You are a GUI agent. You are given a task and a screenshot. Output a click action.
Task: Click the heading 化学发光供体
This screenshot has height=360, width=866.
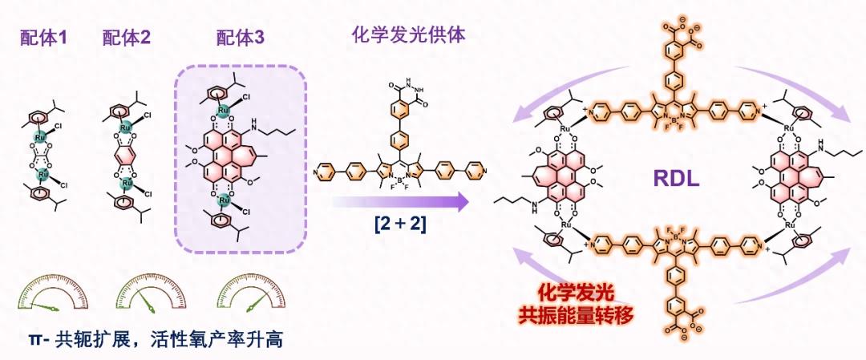408,34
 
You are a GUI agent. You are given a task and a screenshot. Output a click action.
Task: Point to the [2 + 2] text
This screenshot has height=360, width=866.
400,225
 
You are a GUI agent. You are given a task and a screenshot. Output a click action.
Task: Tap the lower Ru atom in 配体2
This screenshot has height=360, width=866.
127,184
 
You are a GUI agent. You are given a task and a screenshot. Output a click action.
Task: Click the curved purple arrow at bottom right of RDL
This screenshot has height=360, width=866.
794,277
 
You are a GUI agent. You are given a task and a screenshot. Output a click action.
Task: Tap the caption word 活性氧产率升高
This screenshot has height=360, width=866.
216,340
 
